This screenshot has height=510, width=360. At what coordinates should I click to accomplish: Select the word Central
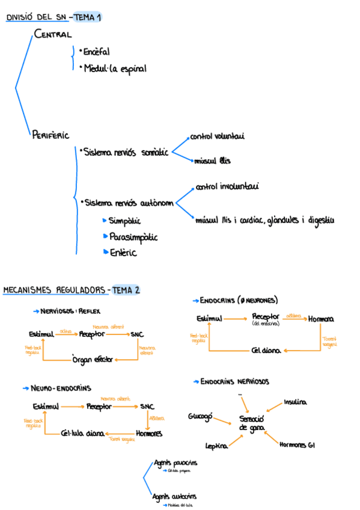pos(53,34)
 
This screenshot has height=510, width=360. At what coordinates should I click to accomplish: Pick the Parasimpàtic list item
pos(133,237)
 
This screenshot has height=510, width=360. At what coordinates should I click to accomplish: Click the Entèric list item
pos(123,253)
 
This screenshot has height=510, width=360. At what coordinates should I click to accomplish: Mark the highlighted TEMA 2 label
pos(126,290)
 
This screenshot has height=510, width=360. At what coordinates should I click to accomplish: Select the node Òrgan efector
pos(93,360)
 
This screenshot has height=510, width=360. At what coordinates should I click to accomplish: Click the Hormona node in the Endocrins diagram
pos(321,319)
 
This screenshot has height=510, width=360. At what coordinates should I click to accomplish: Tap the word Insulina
pos(295,401)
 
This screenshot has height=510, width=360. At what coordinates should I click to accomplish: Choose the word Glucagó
pos(200,416)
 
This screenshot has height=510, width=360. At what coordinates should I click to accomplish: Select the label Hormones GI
pos(297,445)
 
